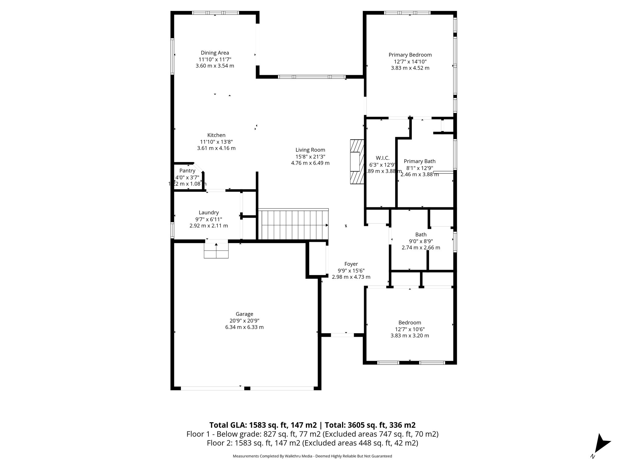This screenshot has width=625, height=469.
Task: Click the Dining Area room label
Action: point(215,53)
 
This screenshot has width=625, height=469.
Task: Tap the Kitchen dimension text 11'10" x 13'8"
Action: point(216,142)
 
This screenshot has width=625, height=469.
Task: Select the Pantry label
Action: point(187,171)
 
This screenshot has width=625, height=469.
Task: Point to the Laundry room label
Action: point(208,213)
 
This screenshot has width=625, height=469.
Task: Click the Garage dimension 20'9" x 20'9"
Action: point(244,321)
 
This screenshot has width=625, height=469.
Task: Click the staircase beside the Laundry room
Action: point(293,225)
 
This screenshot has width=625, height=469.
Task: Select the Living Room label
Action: point(310,150)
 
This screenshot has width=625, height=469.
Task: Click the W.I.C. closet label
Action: point(382,158)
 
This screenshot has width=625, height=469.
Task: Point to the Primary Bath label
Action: point(419,161)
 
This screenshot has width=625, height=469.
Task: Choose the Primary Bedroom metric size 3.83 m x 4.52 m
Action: point(410,68)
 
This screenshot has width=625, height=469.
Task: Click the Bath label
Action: point(421,234)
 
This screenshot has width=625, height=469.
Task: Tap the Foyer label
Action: point(351,264)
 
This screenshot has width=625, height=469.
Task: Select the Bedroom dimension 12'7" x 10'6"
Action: point(410,329)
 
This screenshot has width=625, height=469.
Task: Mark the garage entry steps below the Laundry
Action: point(216,249)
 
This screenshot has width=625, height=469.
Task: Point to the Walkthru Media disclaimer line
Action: point(312,456)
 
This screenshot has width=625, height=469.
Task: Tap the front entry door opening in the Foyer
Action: point(342,335)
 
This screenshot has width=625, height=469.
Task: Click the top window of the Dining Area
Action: point(215,13)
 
